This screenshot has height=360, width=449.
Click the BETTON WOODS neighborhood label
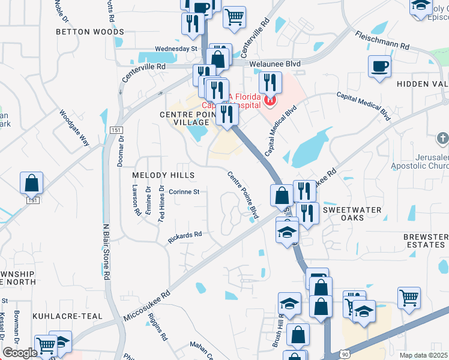point(90,32)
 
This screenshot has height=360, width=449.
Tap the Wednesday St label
point(176,49)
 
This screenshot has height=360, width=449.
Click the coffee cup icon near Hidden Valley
point(379,67)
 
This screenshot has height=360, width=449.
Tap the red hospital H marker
point(270,100)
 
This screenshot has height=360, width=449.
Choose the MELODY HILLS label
point(164,175)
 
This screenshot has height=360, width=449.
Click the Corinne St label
point(184,192)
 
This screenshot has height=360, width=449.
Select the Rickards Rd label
point(184,238)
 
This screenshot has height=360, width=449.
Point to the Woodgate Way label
point(74,128)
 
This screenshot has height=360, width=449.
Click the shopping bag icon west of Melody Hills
point(31,182)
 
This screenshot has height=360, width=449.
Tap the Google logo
point(19,353)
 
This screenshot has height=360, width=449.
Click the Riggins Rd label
point(155,326)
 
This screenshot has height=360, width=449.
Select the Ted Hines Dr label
point(161,203)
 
